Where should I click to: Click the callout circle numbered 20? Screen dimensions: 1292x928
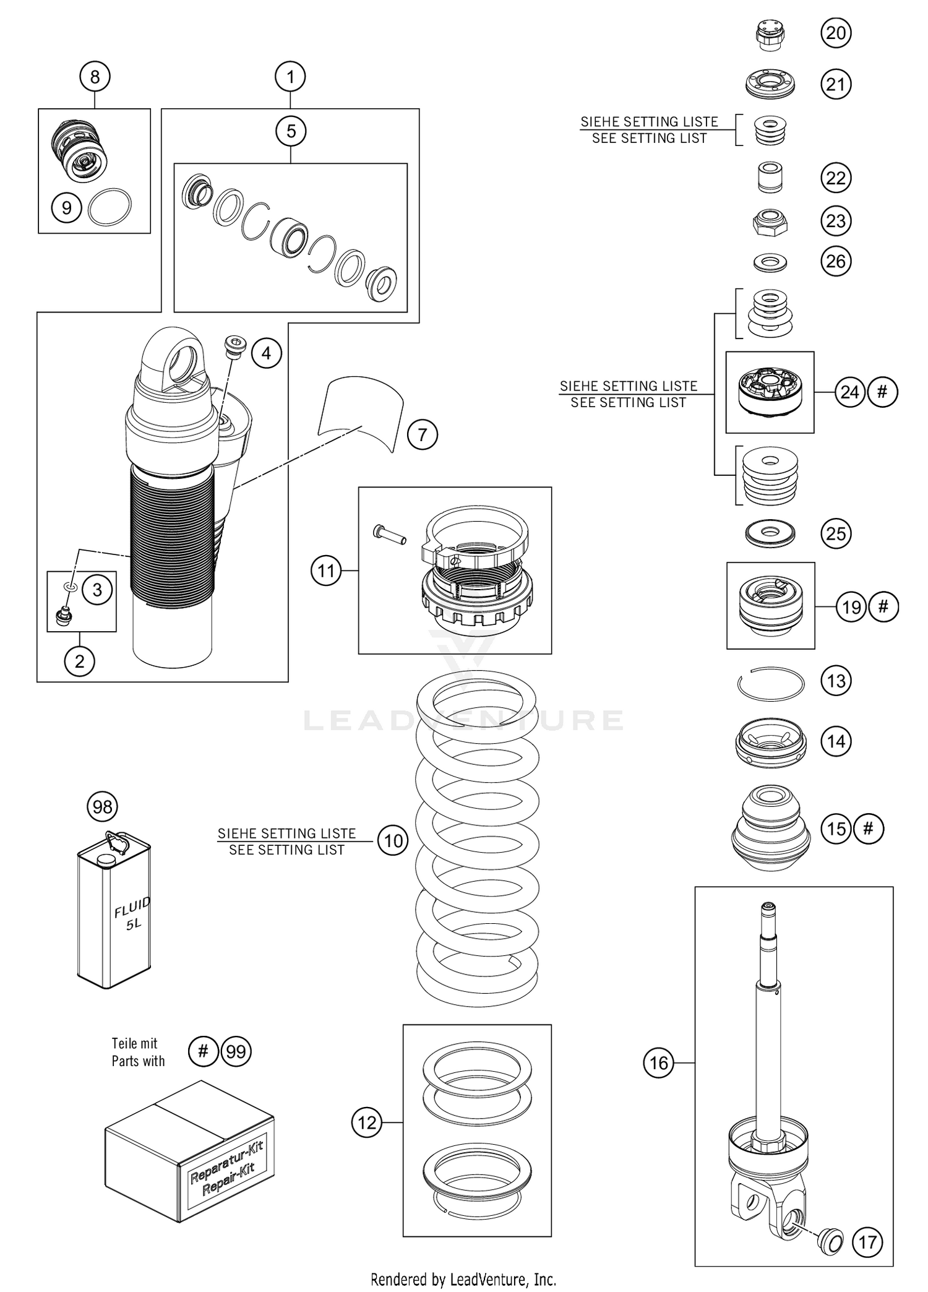pos(836,33)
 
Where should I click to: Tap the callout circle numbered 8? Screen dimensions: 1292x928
pos(95,77)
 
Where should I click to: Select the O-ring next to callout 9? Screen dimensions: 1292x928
pos(110,207)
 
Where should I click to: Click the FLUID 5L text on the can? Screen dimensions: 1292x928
pos(132,915)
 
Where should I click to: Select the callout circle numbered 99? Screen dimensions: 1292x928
pos(236,1051)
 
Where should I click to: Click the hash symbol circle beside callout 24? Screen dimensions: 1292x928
pos(883,392)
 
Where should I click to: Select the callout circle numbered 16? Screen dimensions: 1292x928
pos(658,1063)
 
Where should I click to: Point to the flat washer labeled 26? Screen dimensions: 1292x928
pos(770,262)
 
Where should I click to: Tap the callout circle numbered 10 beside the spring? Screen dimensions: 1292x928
pos(393,841)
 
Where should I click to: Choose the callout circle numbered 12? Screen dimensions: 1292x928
pos(367,1122)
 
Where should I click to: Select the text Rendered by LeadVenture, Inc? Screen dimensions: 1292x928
pos(463,1279)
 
